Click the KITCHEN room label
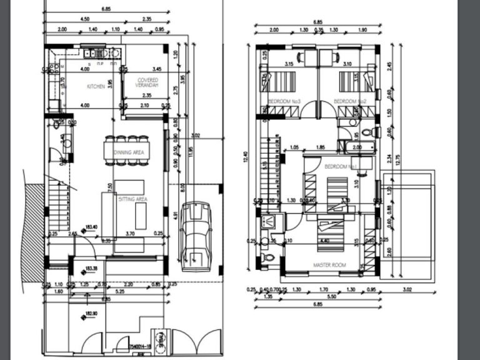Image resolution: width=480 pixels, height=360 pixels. pyautogui.click(x=96, y=87)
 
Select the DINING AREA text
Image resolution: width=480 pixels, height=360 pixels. pyautogui.click(x=129, y=152)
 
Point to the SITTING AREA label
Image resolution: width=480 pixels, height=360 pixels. pyautogui.click(x=132, y=199)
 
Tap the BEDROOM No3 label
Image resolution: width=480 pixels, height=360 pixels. pyautogui.click(x=284, y=101)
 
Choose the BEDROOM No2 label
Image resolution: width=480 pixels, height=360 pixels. pyautogui.click(x=349, y=101)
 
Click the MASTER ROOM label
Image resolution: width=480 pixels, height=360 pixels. pyautogui.click(x=329, y=266)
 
